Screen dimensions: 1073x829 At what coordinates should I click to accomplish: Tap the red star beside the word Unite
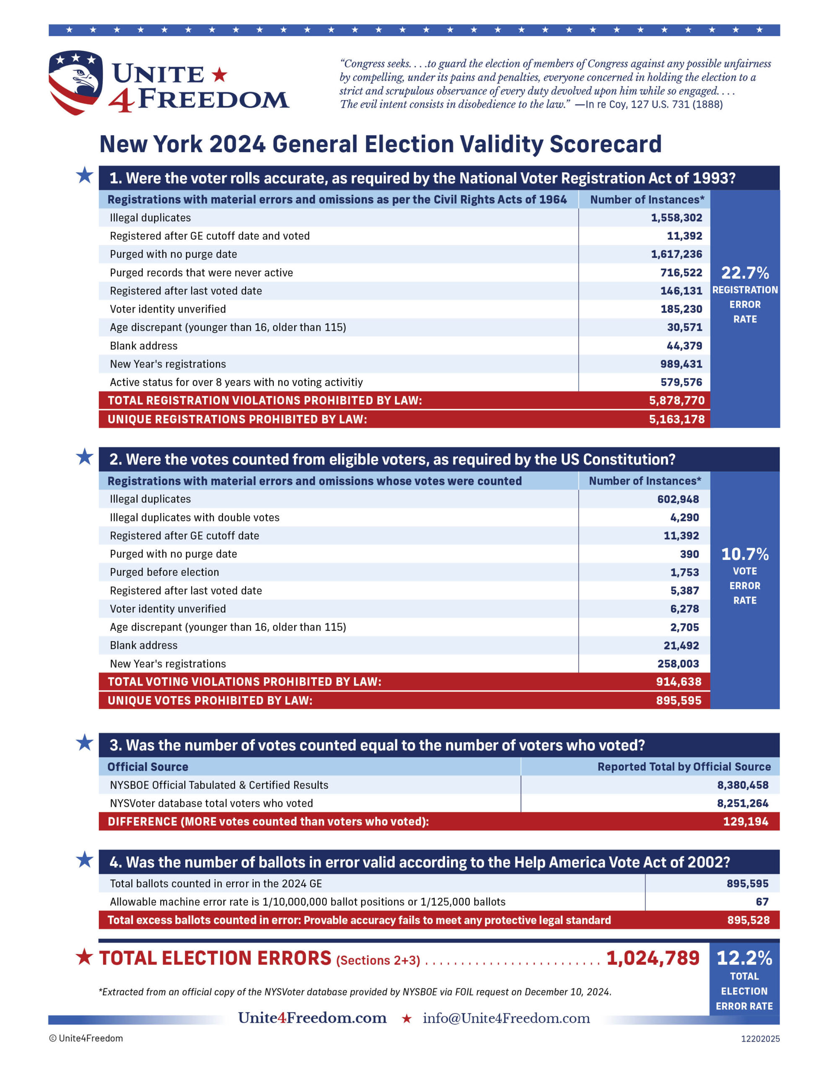click(x=219, y=75)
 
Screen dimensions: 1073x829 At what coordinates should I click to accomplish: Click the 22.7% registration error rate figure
click(x=744, y=273)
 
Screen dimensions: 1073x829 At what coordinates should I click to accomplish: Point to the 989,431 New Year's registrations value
click(x=681, y=364)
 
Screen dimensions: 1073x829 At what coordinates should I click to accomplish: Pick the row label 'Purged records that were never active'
click(x=201, y=273)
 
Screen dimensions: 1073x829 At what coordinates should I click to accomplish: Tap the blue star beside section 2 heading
click(x=85, y=457)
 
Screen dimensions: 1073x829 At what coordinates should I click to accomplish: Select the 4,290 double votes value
click(x=684, y=517)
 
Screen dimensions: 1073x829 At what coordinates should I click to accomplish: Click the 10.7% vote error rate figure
click(x=744, y=554)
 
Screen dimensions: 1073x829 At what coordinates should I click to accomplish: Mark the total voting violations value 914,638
click(x=678, y=682)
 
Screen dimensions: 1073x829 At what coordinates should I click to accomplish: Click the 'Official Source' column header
click(x=148, y=767)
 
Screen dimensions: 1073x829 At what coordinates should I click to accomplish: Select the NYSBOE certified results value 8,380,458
click(x=742, y=785)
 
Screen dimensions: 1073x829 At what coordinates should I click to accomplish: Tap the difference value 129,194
click(x=745, y=822)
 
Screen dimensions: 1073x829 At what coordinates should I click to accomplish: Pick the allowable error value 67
click(x=762, y=902)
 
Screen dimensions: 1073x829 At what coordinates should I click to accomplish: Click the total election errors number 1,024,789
click(x=653, y=958)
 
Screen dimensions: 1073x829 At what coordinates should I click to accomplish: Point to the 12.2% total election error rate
click(x=744, y=958)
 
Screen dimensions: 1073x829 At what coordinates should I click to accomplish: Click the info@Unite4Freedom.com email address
click(x=506, y=1018)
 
